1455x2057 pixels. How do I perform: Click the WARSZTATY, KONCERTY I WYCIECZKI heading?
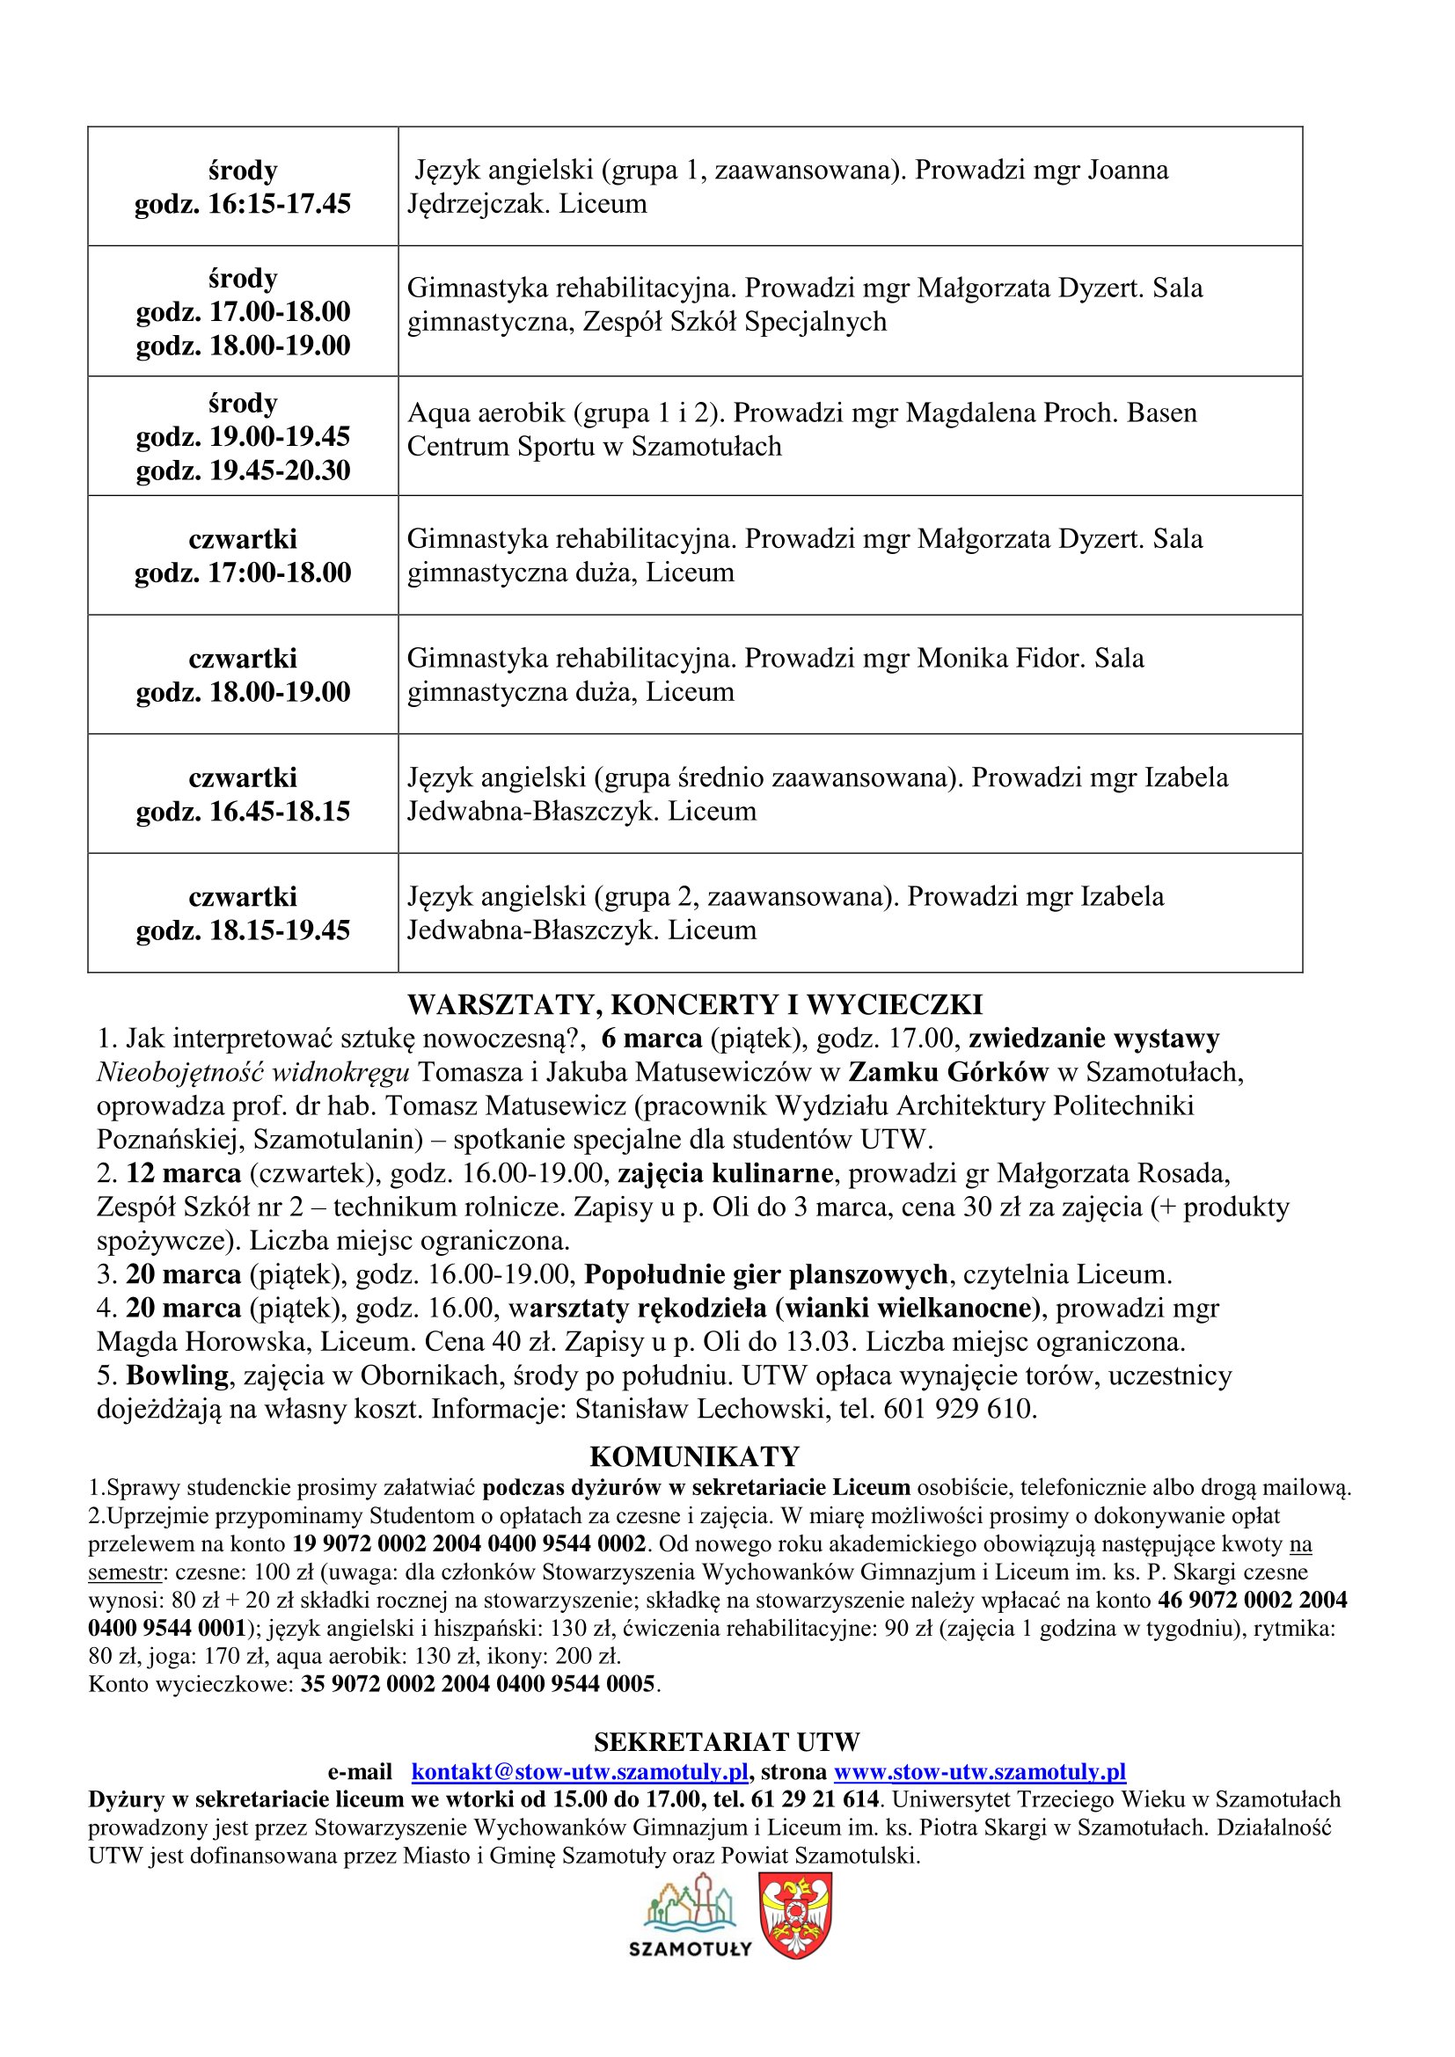tap(694, 1004)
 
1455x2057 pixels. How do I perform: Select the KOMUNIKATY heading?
tap(694, 1455)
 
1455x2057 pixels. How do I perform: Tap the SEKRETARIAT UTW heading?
tap(726, 1741)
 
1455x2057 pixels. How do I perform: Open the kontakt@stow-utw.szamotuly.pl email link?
tap(580, 1771)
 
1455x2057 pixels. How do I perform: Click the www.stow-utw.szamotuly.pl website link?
tap(979, 1771)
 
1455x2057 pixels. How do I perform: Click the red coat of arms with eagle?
tap(795, 1914)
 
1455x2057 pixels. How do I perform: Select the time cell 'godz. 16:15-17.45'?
tap(243, 204)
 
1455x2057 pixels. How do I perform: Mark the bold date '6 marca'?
tap(651, 1039)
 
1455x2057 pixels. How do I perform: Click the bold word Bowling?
tap(178, 1375)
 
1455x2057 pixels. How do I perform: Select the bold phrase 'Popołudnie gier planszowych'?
tap(766, 1274)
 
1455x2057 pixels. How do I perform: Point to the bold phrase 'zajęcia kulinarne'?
tap(726, 1173)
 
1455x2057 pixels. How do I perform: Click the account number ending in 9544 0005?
tap(478, 1684)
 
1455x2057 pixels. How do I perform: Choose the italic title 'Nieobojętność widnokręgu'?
tap(253, 1072)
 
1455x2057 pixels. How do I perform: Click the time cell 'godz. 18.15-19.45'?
tap(243, 930)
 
